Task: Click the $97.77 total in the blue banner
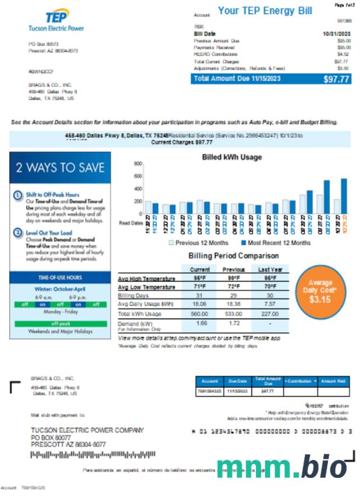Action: [x=336, y=79]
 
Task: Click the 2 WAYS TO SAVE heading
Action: [x=60, y=167]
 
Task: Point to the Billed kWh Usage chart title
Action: [x=232, y=157]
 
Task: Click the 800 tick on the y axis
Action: [x=137, y=164]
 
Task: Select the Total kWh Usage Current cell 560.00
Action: [x=200, y=314]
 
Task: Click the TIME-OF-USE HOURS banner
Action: [x=60, y=278]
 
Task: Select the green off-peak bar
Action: [x=60, y=324]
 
